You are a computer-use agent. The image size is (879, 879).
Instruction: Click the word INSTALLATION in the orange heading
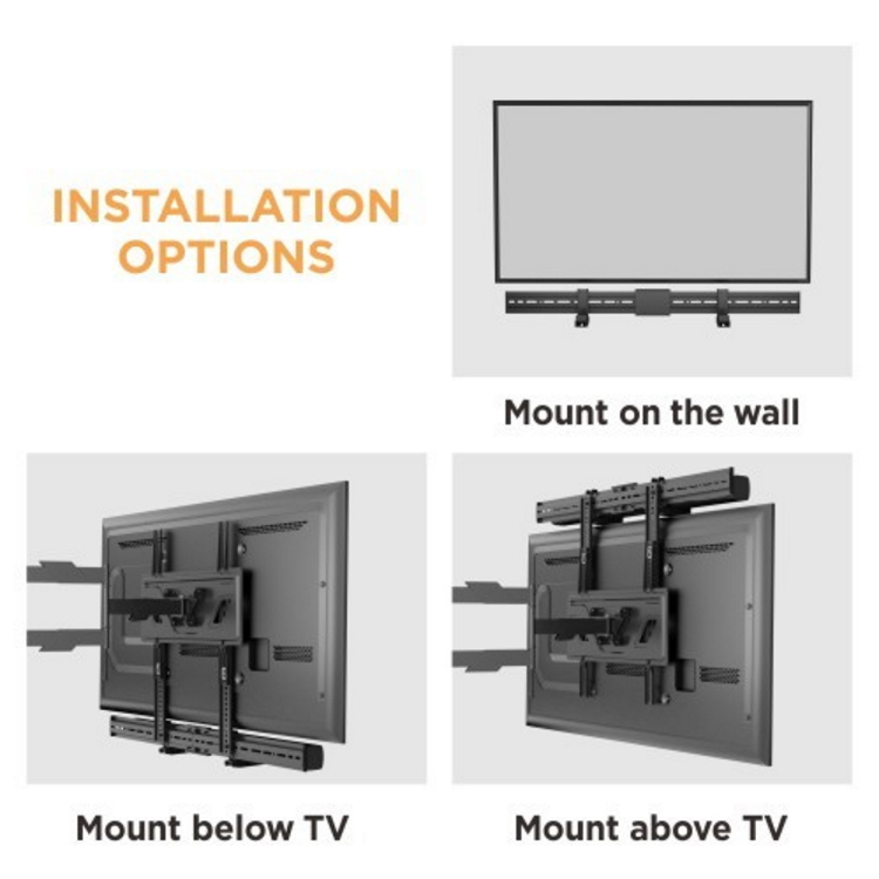226,207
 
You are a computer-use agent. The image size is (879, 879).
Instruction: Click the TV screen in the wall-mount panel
652,191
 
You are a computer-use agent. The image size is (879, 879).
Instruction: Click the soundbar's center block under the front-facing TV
652,303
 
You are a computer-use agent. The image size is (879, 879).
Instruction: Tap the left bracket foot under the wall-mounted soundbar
582,320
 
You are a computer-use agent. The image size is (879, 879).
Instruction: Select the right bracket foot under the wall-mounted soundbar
723,320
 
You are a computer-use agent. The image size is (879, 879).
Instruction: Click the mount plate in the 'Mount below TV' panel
191,606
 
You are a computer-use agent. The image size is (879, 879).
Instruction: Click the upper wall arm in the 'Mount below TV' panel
63,573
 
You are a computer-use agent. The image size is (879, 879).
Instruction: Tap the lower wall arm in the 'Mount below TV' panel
63,639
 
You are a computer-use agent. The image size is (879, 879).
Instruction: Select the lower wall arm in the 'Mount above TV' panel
490,659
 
